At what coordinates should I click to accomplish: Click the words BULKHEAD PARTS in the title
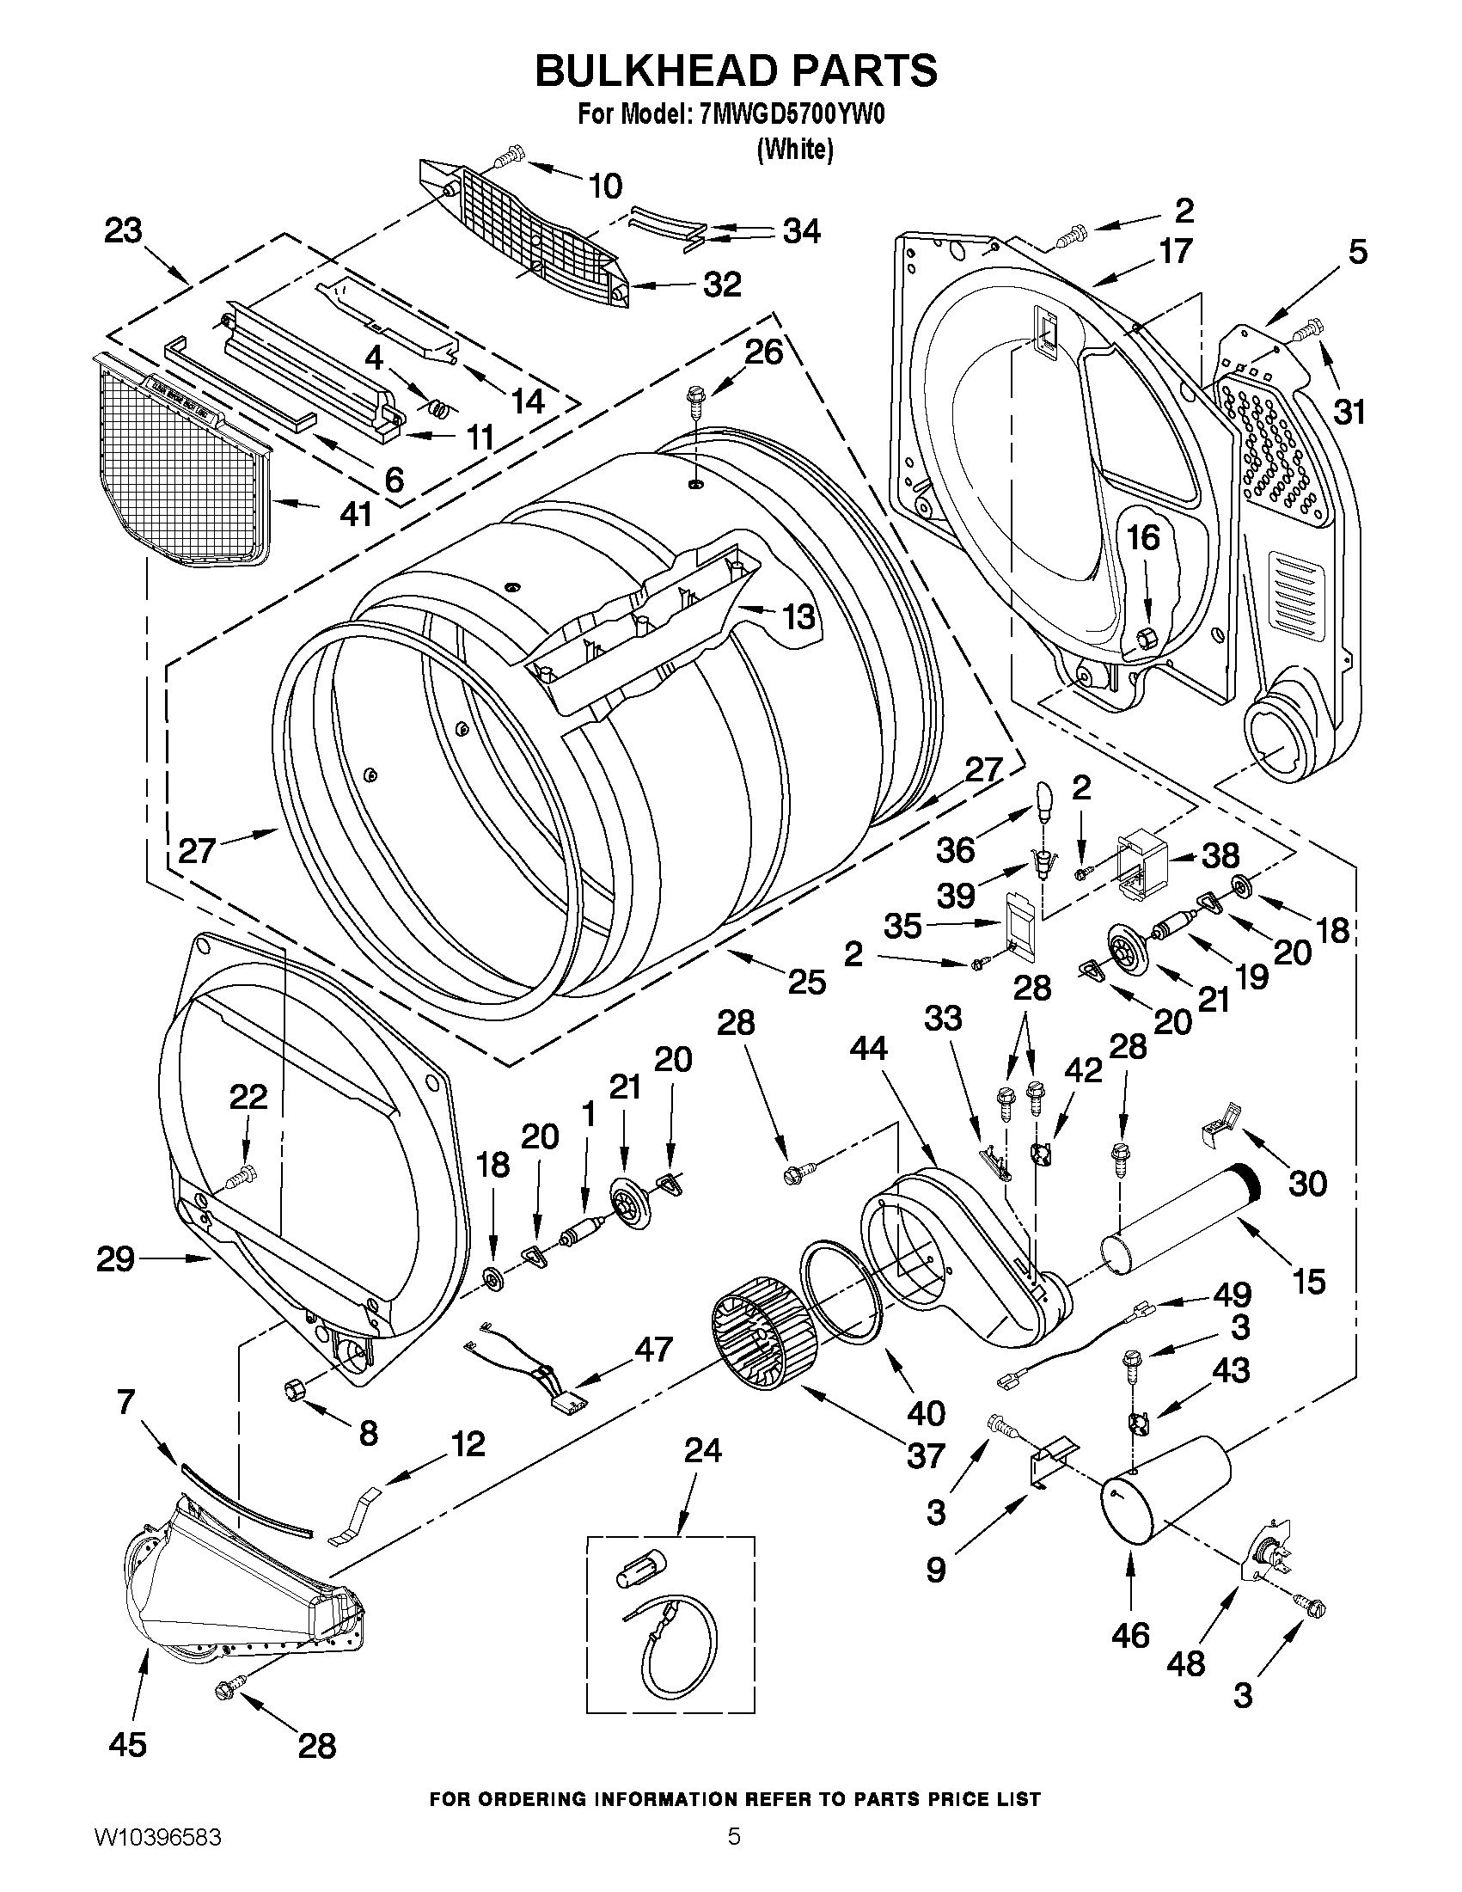coord(736,71)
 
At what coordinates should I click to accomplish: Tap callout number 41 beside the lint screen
coord(355,514)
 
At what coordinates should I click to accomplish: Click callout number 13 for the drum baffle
coord(798,617)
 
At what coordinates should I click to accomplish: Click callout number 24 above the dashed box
coord(701,1449)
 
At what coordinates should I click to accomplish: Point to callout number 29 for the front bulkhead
coord(114,1258)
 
